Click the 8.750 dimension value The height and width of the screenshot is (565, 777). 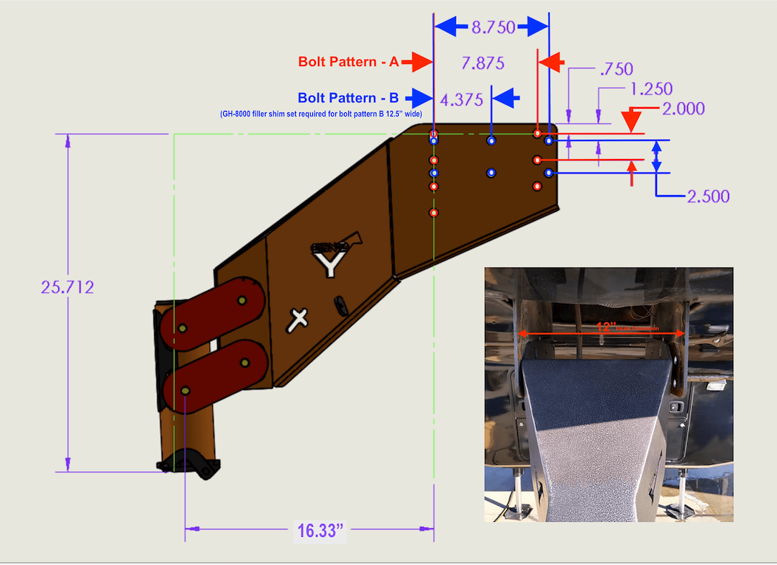tap(493, 28)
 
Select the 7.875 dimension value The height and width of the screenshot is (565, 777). tap(483, 63)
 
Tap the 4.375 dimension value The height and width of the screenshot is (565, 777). tap(461, 99)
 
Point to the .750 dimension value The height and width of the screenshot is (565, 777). tap(615, 69)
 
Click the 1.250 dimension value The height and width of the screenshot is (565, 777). tap(650, 89)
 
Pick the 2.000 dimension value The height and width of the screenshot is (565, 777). tap(683, 109)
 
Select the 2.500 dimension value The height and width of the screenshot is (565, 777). tap(708, 196)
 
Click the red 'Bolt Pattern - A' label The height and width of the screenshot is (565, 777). tap(348, 62)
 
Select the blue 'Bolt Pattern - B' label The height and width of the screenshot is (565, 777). tap(348, 98)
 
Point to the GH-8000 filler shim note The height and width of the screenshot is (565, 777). tap(320, 114)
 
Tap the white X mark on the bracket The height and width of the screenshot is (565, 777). tap(299, 319)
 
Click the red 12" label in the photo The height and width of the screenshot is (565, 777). tap(606, 327)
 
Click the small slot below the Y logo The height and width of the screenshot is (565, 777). tap(340, 304)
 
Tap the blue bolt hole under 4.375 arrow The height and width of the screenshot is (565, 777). tap(491, 141)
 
